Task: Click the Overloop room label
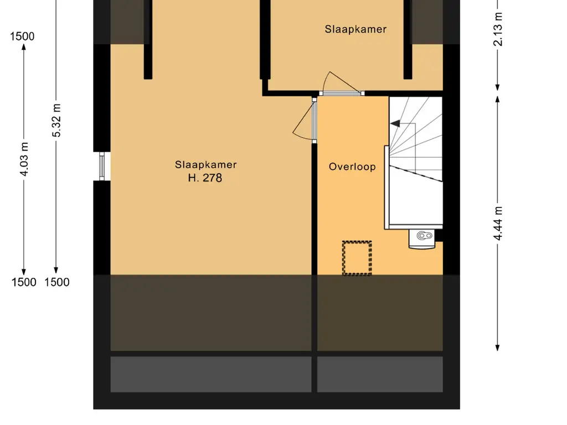352,167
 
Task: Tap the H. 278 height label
205,178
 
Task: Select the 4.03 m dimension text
24,159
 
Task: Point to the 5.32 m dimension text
56,120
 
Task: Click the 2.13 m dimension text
498,29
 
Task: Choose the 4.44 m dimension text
498,224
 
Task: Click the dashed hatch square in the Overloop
357,258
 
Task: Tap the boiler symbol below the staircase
422,239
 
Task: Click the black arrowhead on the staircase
395,123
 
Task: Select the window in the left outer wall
102,166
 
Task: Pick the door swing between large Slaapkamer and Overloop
304,120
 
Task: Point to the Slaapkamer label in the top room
356,29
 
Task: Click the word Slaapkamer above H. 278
206,165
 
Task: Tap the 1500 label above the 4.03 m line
22,37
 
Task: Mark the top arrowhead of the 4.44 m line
498,99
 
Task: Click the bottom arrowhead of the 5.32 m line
56,270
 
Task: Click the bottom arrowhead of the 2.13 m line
498,87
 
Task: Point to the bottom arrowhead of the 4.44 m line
498,348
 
